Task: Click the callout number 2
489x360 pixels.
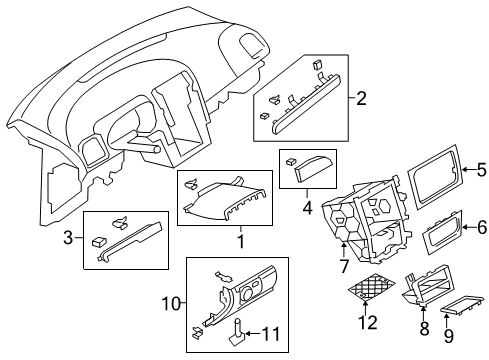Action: point(361,98)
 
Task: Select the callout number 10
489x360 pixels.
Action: point(171,304)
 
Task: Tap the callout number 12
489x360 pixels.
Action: point(368,322)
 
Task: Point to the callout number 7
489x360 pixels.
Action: point(343,266)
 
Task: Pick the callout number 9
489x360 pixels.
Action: point(449,335)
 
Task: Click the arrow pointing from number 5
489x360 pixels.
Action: point(469,170)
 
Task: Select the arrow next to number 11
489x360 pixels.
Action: point(253,333)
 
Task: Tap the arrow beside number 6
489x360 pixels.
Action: point(469,228)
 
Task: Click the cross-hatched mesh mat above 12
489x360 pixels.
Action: point(371,287)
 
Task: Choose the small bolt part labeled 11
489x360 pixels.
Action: point(236,332)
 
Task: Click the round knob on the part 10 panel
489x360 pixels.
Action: point(248,293)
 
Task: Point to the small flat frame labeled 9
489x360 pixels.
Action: point(462,305)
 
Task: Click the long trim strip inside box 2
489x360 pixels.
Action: point(307,104)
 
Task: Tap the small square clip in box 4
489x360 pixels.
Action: point(291,162)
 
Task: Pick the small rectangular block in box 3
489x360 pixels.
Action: point(99,242)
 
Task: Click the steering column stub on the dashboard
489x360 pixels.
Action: point(144,146)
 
